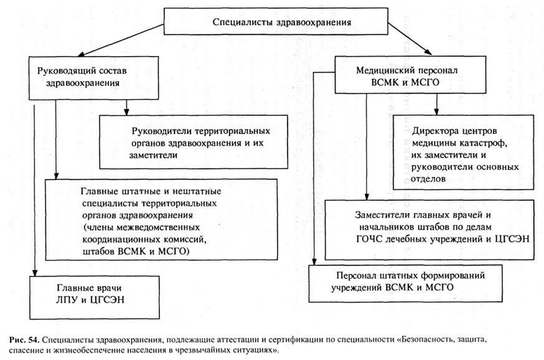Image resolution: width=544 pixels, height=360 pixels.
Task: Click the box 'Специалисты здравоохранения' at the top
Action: (x=276, y=22)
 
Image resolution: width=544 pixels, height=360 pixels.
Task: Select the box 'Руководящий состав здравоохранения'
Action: (x=93, y=78)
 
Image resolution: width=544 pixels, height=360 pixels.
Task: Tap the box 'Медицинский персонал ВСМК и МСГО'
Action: (x=410, y=75)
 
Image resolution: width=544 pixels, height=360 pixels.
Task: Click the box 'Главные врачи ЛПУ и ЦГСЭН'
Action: (x=95, y=298)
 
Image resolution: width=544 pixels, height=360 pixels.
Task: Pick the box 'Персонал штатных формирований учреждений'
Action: (x=405, y=283)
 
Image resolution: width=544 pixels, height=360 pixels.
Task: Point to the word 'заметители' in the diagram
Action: (x=153, y=156)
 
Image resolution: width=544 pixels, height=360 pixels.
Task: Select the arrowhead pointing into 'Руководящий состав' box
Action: (x=81, y=54)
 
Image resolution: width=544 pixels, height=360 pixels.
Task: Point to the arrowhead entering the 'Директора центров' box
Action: (x=436, y=111)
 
